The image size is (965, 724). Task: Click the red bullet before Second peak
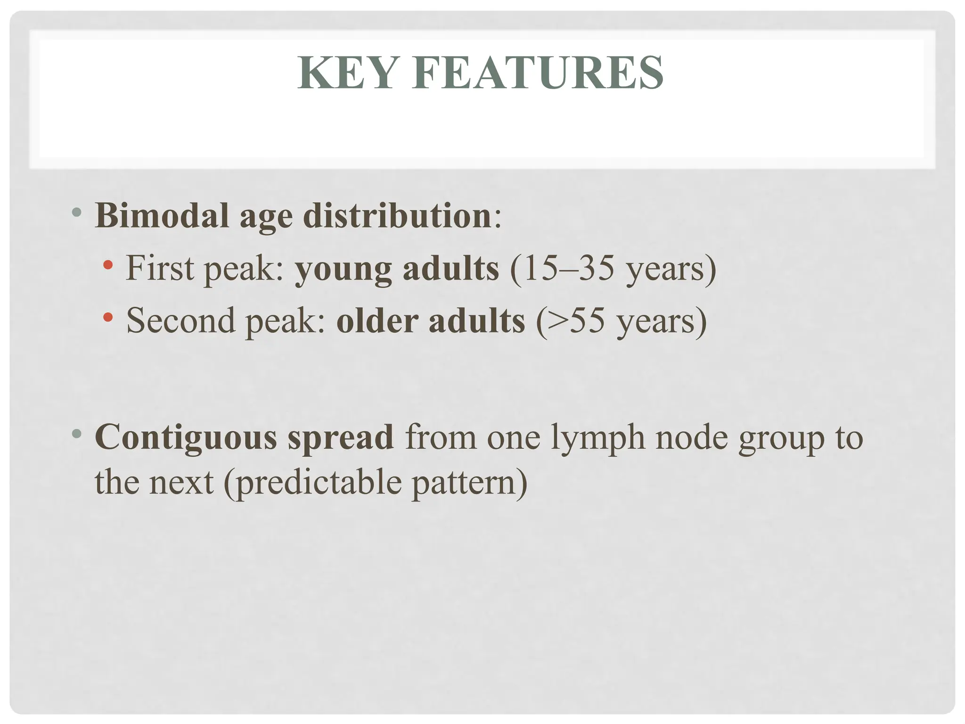pyautogui.click(x=108, y=317)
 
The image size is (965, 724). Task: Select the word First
pyautogui.click(x=160, y=268)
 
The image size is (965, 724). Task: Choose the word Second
pyautogui.click(x=181, y=321)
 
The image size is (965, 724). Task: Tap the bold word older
pyautogui.click(x=377, y=321)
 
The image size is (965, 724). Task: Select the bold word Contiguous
pyautogui.click(x=186, y=438)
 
